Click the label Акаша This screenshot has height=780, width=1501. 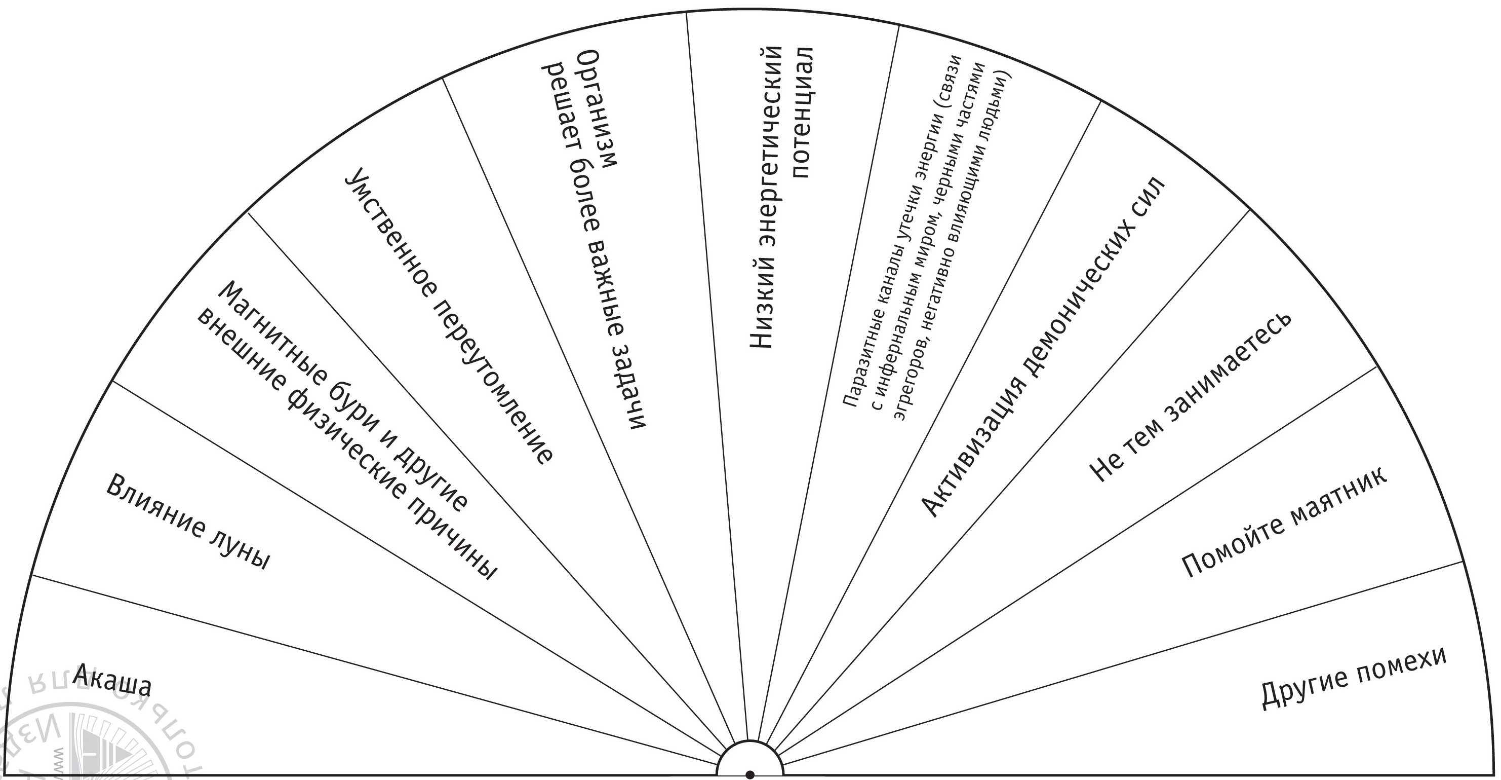[x=112, y=680]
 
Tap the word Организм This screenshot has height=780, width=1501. [x=596, y=108]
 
